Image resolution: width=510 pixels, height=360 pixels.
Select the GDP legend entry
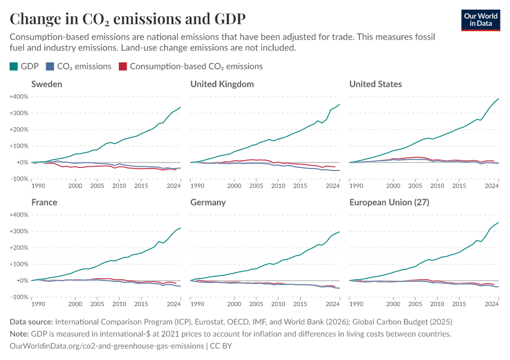pyautogui.click(x=25, y=66)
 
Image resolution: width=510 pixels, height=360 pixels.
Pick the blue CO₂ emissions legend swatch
pyautogui.click(x=52, y=66)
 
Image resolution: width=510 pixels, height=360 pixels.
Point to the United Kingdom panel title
pyautogui.click(x=222, y=84)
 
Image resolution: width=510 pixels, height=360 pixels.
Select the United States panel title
pyautogui.click(x=376, y=84)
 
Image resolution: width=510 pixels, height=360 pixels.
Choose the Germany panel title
pyautogui.click(x=208, y=202)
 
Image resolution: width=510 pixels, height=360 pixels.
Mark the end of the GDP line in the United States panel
pyautogui.click(x=499, y=98)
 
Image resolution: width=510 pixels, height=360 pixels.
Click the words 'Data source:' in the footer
pyautogui.click(x=32, y=322)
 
